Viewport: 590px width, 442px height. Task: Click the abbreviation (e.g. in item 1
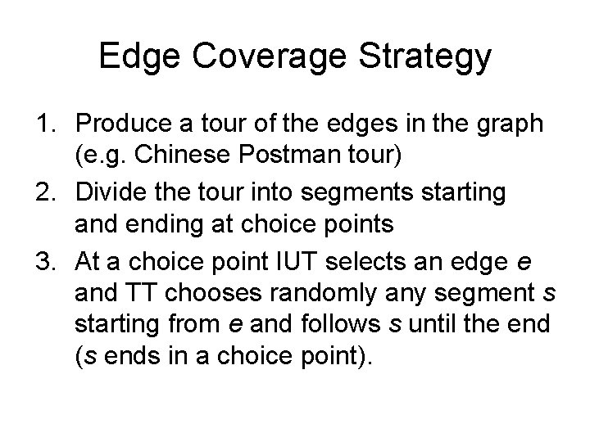coord(99,158)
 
